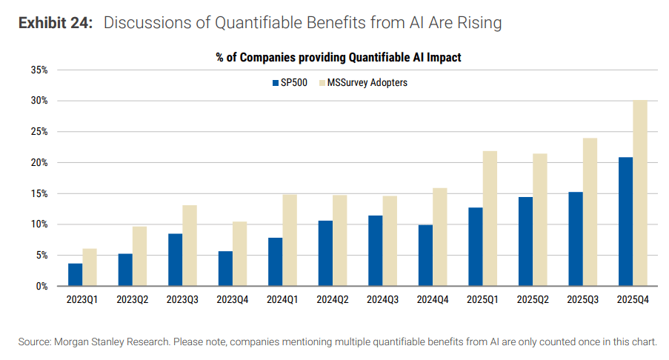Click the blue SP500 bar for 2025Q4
[x=625, y=221]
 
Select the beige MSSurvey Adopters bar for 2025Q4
[x=640, y=193]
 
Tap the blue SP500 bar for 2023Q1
[x=75, y=274]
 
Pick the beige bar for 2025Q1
[x=490, y=219]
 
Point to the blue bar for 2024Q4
[x=425, y=255]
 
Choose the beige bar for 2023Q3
[x=190, y=245]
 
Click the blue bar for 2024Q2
[x=325, y=253]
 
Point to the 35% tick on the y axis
[x=39, y=70]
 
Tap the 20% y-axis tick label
[x=39, y=163]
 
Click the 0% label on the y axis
[x=42, y=286]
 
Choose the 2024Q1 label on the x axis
[x=282, y=301]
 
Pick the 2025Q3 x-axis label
[x=582, y=301]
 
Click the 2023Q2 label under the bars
[x=132, y=301]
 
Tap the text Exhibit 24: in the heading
[x=56, y=23]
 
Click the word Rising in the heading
[x=479, y=23]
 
